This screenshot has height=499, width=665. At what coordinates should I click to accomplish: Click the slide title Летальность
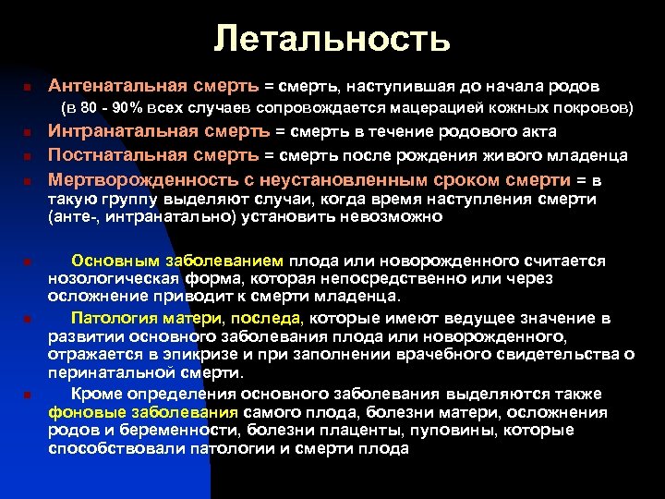pos(332,38)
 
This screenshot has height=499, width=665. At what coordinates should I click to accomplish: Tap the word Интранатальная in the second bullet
pos(119,134)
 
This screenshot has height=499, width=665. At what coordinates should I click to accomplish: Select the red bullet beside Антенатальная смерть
pos(29,87)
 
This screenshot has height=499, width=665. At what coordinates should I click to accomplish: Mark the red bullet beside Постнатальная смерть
pos(29,156)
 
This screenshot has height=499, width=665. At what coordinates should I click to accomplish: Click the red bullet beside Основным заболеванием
pos(29,262)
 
